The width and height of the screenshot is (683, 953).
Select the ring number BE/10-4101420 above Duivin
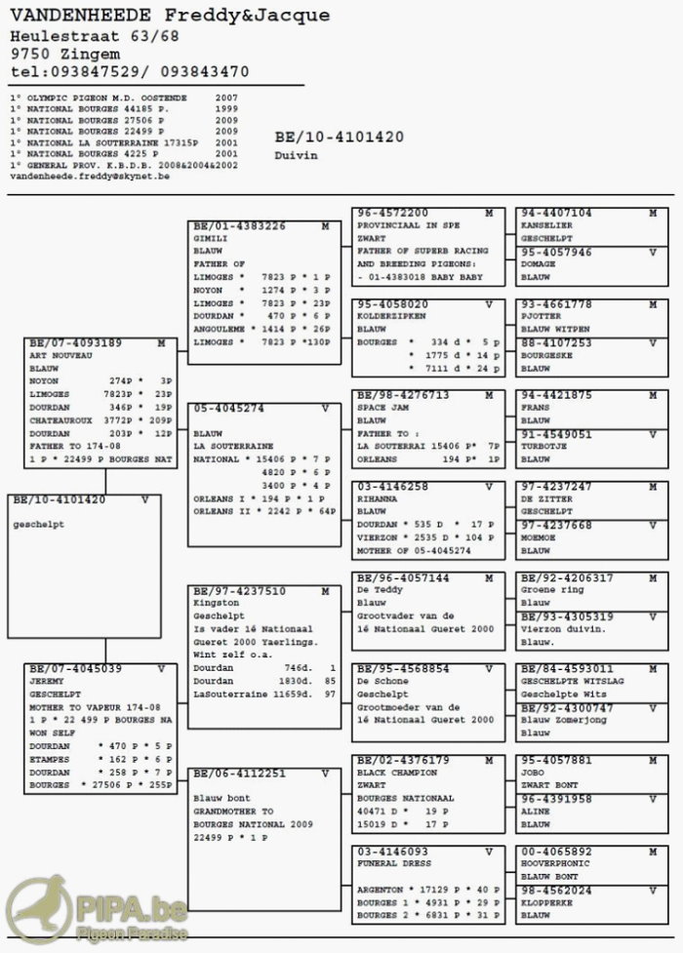(339, 138)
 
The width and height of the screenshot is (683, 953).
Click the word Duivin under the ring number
(296, 155)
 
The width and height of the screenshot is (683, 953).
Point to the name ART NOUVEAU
(60, 356)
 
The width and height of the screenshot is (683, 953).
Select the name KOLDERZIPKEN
(389, 317)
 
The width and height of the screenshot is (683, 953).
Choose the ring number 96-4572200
(393, 213)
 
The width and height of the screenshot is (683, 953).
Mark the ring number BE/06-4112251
(238, 773)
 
